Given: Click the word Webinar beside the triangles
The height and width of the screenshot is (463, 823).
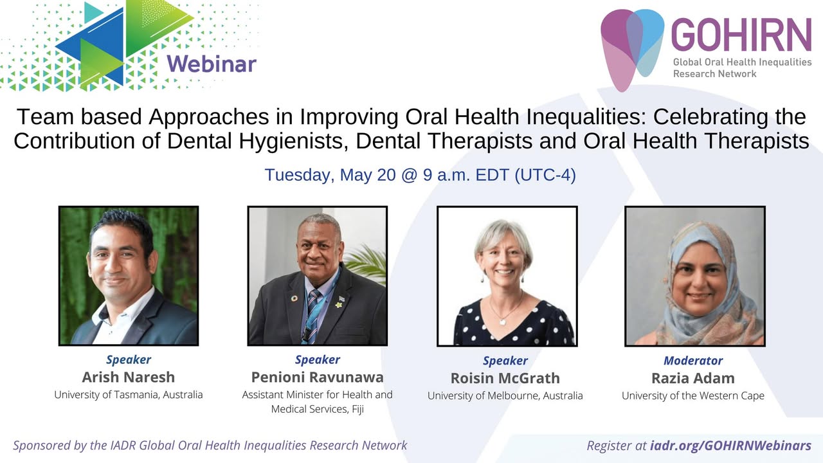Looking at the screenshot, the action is pyautogui.click(x=212, y=64).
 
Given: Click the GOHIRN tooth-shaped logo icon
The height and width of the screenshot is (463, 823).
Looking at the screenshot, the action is pyautogui.click(x=632, y=50).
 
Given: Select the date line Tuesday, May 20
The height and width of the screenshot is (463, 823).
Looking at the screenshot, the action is pyautogui.click(x=420, y=175).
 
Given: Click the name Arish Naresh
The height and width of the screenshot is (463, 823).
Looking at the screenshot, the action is pyautogui.click(x=128, y=377).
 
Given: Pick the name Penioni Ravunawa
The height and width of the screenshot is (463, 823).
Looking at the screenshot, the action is pyautogui.click(x=318, y=377).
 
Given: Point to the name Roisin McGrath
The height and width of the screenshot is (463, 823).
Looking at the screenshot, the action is pyautogui.click(x=505, y=378).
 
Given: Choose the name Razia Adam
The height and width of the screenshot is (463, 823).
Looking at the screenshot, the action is pyautogui.click(x=693, y=378).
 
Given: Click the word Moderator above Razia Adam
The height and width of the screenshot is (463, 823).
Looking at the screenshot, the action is pyautogui.click(x=693, y=361).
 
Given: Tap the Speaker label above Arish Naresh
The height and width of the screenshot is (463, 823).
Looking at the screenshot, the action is pyautogui.click(x=129, y=359).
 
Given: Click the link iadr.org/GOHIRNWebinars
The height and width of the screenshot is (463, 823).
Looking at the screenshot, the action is pyautogui.click(x=731, y=446).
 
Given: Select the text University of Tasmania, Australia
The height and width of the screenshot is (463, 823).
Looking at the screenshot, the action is pyautogui.click(x=129, y=395).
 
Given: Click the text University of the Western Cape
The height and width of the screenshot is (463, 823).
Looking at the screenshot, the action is pyautogui.click(x=693, y=395).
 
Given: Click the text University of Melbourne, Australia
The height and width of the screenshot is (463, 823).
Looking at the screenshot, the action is pyautogui.click(x=505, y=395).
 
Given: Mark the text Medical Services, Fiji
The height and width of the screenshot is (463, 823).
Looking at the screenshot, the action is pyautogui.click(x=318, y=410).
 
